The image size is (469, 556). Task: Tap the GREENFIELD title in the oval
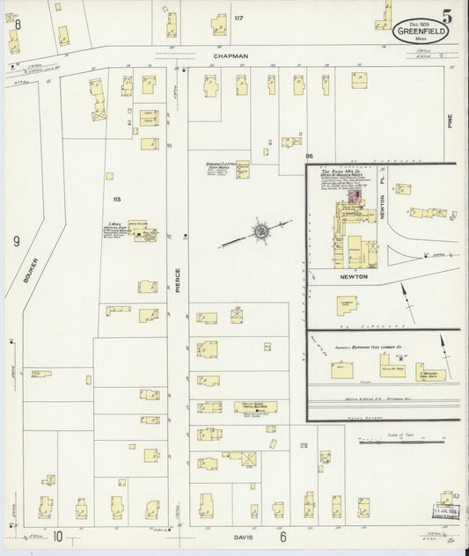(420, 31)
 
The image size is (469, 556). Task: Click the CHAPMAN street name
(231, 55)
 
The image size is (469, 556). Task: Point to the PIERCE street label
(177, 280)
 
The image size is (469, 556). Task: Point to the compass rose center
(261, 231)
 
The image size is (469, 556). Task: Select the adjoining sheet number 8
(17, 25)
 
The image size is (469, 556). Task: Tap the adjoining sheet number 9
(16, 239)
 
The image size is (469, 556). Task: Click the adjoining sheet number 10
(56, 535)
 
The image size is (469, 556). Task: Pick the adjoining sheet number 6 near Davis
(283, 535)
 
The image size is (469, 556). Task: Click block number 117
(238, 17)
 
